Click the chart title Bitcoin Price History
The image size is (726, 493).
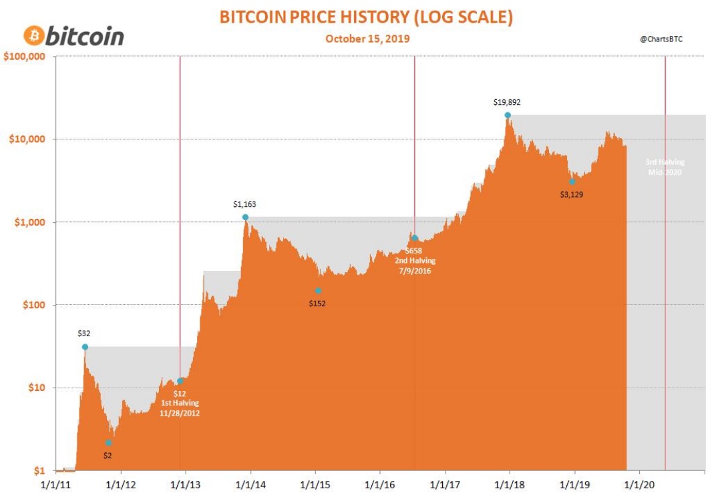[367, 17]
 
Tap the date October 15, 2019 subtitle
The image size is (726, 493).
[367, 39]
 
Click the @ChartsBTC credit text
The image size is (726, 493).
[661, 39]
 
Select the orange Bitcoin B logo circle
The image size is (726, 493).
[33, 35]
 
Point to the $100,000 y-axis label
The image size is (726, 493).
[24, 57]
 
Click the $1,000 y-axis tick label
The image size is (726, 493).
[29, 222]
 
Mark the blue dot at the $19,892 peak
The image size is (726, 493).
[508, 115]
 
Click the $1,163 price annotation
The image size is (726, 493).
[244, 205]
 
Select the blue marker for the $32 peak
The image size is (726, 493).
[85, 347]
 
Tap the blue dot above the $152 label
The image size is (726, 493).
[318, 291]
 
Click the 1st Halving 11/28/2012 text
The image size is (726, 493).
[180, 408]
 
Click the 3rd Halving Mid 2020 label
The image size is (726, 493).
[665, 167]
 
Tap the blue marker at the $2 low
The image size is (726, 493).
[108, 443]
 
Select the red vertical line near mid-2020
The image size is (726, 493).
[665, 267]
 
